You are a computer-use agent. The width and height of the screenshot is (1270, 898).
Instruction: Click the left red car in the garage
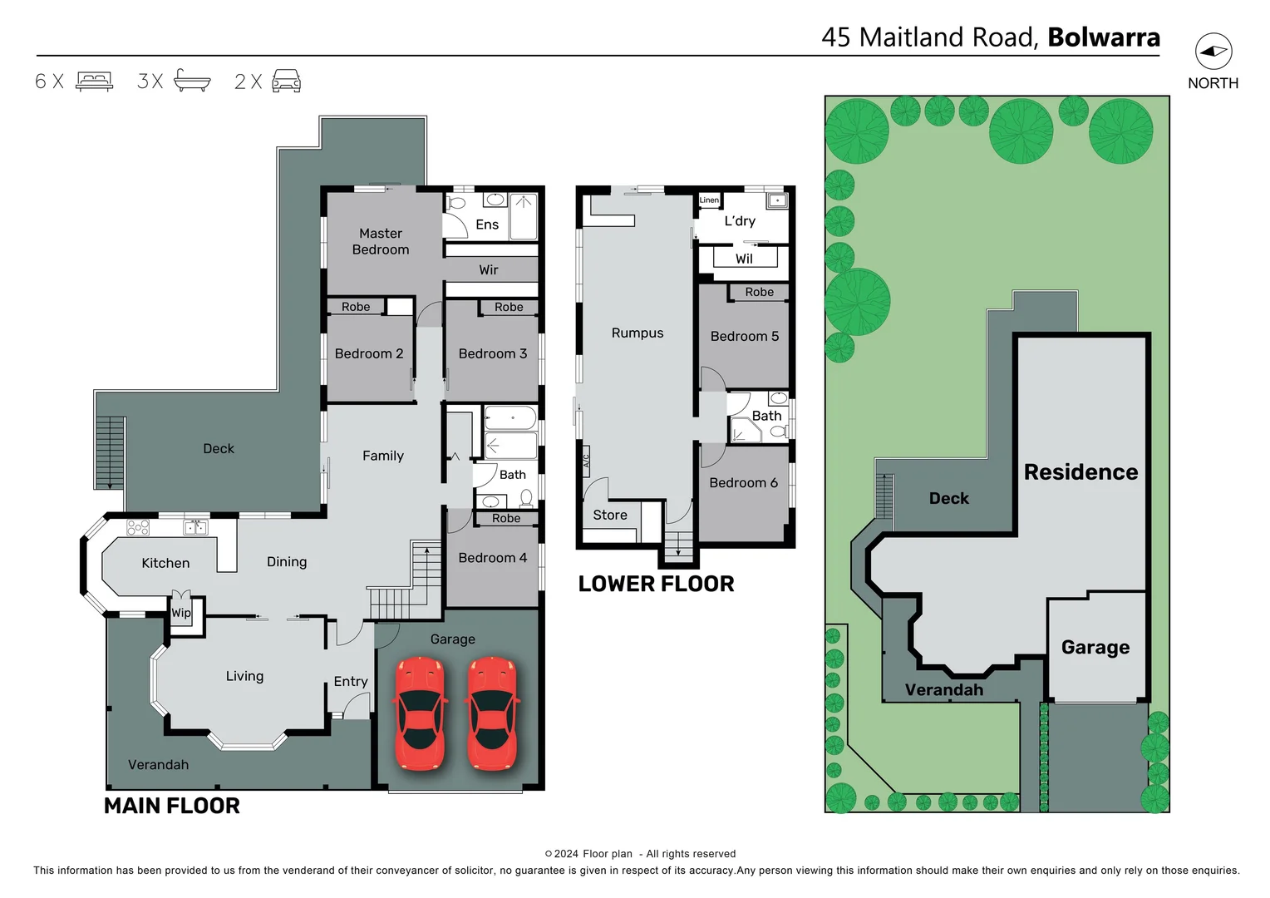click(x=420, y=713)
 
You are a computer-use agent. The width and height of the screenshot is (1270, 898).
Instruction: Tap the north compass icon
click(x=1213, y=52)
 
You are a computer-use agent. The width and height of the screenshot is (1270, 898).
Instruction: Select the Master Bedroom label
click(x=381, y=241)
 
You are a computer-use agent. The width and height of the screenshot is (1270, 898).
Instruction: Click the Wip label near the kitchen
click(x=181, y=613)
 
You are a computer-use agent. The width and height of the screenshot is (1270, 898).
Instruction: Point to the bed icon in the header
click(x=94, y=81)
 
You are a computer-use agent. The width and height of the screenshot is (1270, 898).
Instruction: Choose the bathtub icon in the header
click(x=192, y=81)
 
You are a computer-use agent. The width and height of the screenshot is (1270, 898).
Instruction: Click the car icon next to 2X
click(x=286, y=81)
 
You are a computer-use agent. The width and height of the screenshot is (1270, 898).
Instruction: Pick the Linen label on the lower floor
click(x=709, y=200)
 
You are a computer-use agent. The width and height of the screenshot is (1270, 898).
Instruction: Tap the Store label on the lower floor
click(x=610, y=515)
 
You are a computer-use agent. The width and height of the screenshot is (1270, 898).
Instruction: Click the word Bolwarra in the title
click(x=1104, y=37)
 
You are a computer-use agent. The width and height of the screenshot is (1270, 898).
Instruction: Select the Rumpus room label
click(x=637, y=333)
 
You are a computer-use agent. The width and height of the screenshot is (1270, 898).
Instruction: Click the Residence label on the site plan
click(x=1080, y=472)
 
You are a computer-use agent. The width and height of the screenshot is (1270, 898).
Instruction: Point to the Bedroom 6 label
click(x=743, y=482)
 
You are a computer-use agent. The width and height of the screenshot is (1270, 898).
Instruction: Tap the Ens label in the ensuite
click(x=487, y=224)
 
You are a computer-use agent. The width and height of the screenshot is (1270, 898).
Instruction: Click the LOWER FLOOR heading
click(x=656, y=584)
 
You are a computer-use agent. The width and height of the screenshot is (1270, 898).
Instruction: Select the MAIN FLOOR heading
click(x=171, y=805)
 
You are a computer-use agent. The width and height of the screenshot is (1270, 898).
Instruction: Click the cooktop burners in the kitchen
click(x=138, y=527)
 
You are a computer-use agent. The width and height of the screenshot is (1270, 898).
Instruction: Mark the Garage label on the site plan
click(x=1095, y=647)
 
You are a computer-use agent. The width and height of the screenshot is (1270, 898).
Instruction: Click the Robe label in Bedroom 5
click(x=759, y=292)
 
